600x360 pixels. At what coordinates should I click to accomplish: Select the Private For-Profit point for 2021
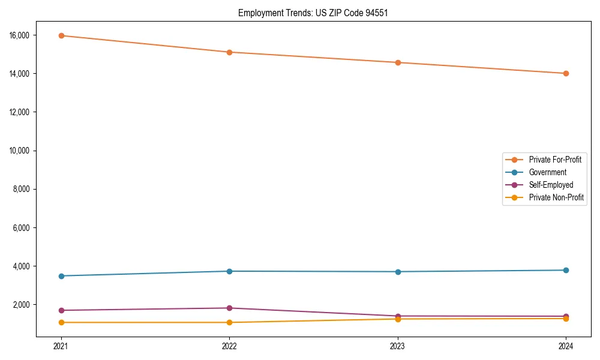click(x=61, y=35)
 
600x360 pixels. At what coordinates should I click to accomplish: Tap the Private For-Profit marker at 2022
click(x=229, y=52)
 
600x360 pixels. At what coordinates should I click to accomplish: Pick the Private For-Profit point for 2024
click(x=566, y=73)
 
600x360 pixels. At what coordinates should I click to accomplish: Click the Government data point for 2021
click(x=61, y=276)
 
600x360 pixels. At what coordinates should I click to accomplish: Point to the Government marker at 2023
click(x=398, y=272)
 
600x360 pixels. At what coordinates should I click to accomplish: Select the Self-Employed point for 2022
click(x=229, y=308)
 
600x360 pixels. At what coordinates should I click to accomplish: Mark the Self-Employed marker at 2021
click(x=61, y=310)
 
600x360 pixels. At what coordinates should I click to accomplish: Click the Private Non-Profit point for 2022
click(x=229, y=322)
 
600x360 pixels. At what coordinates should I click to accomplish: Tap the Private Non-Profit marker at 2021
click(x=61, y=322)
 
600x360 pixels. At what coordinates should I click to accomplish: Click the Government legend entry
click(x=544, y=172)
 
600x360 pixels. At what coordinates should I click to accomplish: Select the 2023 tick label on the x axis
click(x=398, y=346)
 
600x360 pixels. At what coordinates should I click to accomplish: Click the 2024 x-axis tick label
click(x=566, y=346)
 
